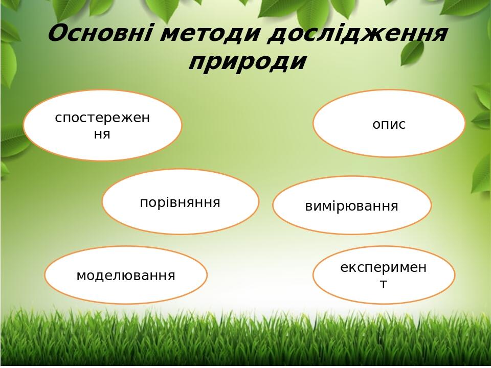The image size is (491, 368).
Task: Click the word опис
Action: tap(389, 124)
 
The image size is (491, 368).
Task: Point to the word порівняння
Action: tap(180, 202)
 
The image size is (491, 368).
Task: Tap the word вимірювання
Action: tap(352, 206)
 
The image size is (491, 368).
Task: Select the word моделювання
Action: tap(126, 275)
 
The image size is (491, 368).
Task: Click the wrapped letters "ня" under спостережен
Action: tap(102, 134)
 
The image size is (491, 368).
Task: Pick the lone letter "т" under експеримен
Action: tap(384, 284)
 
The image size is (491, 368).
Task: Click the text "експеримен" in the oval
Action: tap(384, 268)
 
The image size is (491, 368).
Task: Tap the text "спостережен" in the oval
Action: tap(102, 118)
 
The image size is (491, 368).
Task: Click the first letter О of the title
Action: tap(57, 34)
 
